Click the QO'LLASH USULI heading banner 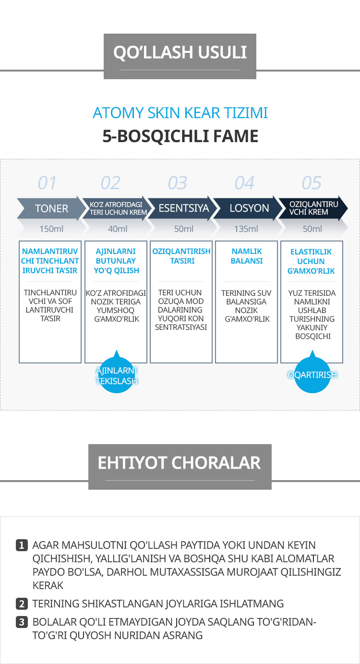[x=180, y=52]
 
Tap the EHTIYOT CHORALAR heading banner [x=180, y=463]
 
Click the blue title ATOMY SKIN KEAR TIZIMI [x=180, y=113]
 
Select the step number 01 [x=47, y=183]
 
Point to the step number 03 [x=177, y=183]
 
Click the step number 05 [x=312, y=183]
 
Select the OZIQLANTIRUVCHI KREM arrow [x=312, y=208]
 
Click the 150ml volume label [x=50, y=229]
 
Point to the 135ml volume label [x=246, y=229]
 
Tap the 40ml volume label [x=118, y=229]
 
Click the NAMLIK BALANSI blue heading [x=247, y=256]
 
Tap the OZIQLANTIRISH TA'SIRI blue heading [x=181, y=256]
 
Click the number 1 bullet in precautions [x=22, y=545]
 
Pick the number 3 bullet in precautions [x=22, y=622]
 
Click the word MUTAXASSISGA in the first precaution [x=208, y=572]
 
